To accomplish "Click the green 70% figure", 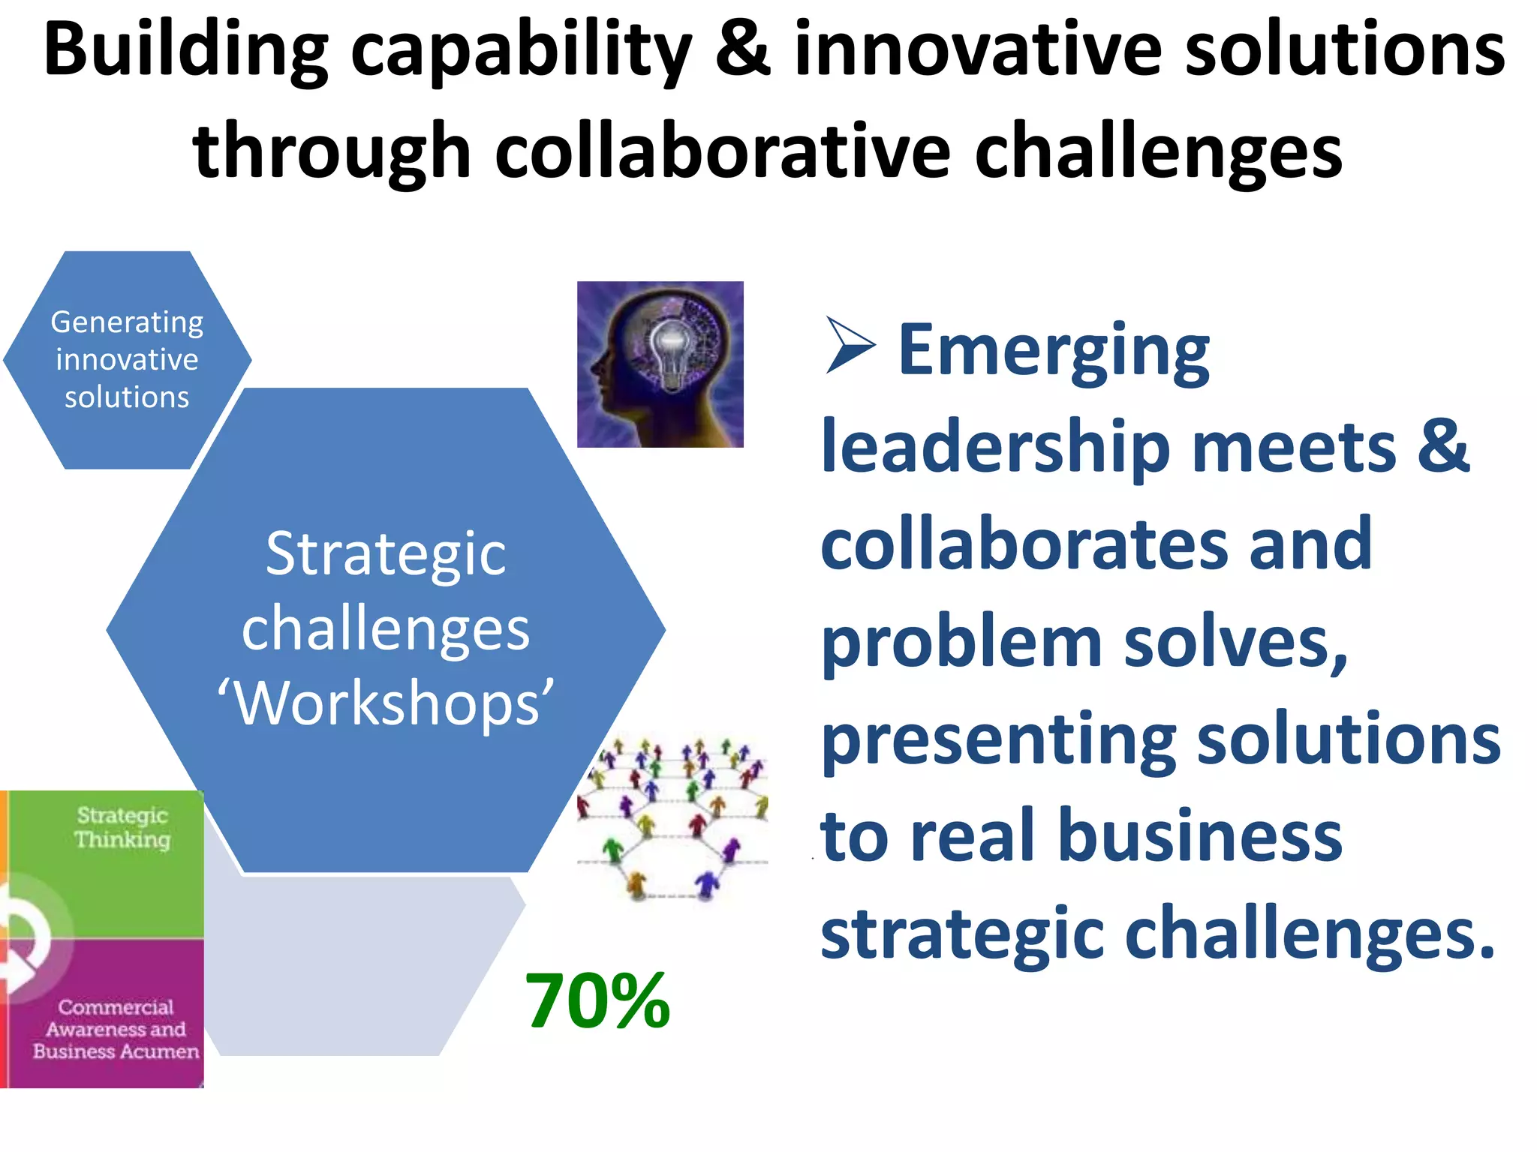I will click(597, 1001).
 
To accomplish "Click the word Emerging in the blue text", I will click(1054, 349).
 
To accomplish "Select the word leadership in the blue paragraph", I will click(995, 447).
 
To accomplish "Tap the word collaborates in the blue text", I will click(1024, 544).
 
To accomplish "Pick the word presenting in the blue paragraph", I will click(999, 740).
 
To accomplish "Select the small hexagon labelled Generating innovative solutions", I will click(127, 360).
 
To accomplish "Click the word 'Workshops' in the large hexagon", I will click(386, 703).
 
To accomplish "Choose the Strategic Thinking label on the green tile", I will click(122, 827).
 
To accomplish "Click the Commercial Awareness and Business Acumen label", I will click(116, 1029).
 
